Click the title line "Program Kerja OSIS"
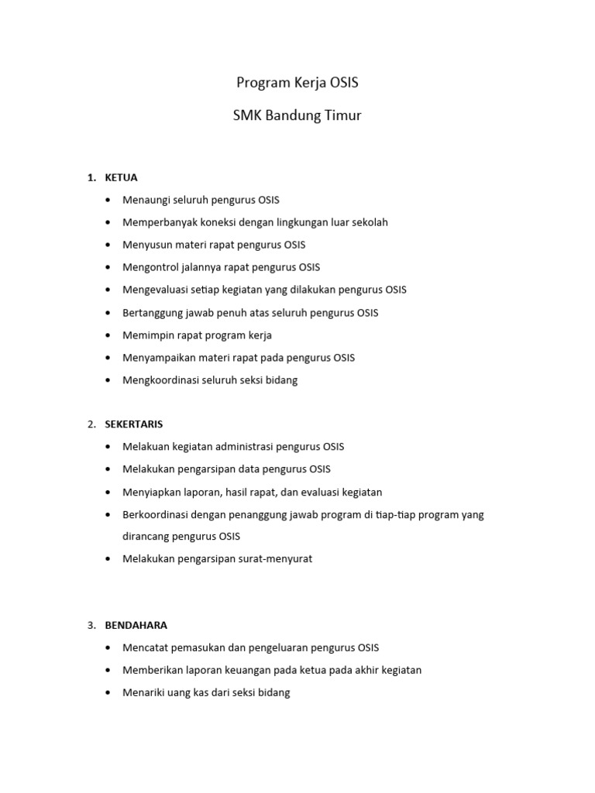(x=298, y=83)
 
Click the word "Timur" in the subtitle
(x=341, y=116)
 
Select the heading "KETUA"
(x=121, y=177)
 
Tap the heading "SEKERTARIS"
(x=134, y=424)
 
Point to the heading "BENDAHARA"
(x=136, y=625)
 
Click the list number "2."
(x=91, y=424)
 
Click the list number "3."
(x=91, y=625)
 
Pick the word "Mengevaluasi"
(x=154, y=290)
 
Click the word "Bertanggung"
(x=153, y=313)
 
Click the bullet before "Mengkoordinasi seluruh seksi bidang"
(x=107, y=380)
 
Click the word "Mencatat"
(x=144, y=647)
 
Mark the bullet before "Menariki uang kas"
(x=107, y=693)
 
